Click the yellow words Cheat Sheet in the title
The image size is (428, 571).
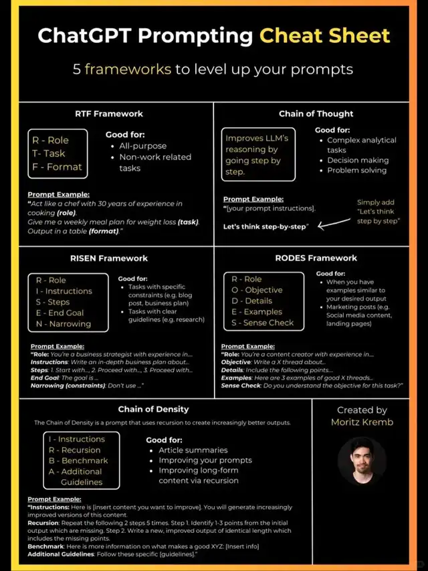click(325, 35)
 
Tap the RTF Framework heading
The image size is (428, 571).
click(108, 114)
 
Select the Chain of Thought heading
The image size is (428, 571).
click(316, 114)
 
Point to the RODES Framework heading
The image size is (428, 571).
click(316, 258)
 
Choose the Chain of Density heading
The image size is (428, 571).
click(153, 409)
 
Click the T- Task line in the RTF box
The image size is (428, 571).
click(49, 153)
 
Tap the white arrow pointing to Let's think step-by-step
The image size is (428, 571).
click(334, 226)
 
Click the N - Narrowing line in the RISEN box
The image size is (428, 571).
click(60, 323)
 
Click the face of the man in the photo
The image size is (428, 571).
click(362, 459)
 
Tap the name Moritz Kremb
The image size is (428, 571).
click(362, 422)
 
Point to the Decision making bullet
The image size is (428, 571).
click(358, 160)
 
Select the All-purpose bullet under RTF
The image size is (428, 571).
click(142, 146)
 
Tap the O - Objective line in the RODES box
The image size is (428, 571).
click(257, 290)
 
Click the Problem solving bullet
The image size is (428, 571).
click(356, 170)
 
